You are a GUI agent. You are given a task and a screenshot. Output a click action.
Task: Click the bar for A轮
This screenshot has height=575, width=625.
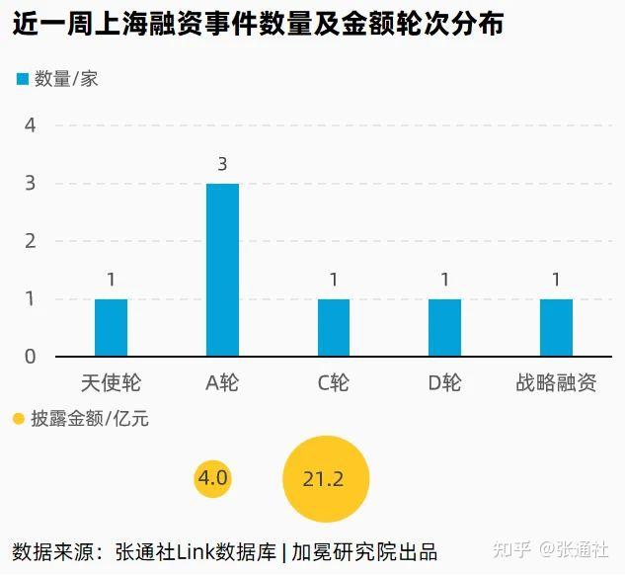222,270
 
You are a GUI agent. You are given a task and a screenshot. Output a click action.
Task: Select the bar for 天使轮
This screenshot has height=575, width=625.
111,327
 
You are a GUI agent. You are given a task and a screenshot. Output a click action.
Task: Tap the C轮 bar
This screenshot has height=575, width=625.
334,327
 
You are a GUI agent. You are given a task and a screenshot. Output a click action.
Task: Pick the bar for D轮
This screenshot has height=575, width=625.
444,327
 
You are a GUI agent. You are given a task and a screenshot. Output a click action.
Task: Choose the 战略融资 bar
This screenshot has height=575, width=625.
556,327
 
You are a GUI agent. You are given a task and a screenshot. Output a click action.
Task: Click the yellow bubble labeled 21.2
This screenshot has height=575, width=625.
325,480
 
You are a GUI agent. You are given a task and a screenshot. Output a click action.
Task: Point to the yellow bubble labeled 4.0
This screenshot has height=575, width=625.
213,478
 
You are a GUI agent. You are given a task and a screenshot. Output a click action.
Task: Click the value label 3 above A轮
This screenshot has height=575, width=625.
222,164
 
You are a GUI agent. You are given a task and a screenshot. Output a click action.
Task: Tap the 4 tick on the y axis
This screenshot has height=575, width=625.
31,125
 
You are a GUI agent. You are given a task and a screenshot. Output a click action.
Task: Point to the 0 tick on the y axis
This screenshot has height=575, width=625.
31,357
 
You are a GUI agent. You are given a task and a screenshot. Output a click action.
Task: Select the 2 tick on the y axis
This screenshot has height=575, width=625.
31,241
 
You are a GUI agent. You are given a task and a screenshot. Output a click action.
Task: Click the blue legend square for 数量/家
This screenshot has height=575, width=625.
22,79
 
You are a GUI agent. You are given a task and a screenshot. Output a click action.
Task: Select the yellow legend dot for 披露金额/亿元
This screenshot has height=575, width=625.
18,419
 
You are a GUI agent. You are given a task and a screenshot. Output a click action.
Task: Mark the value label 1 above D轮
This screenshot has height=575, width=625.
445,280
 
